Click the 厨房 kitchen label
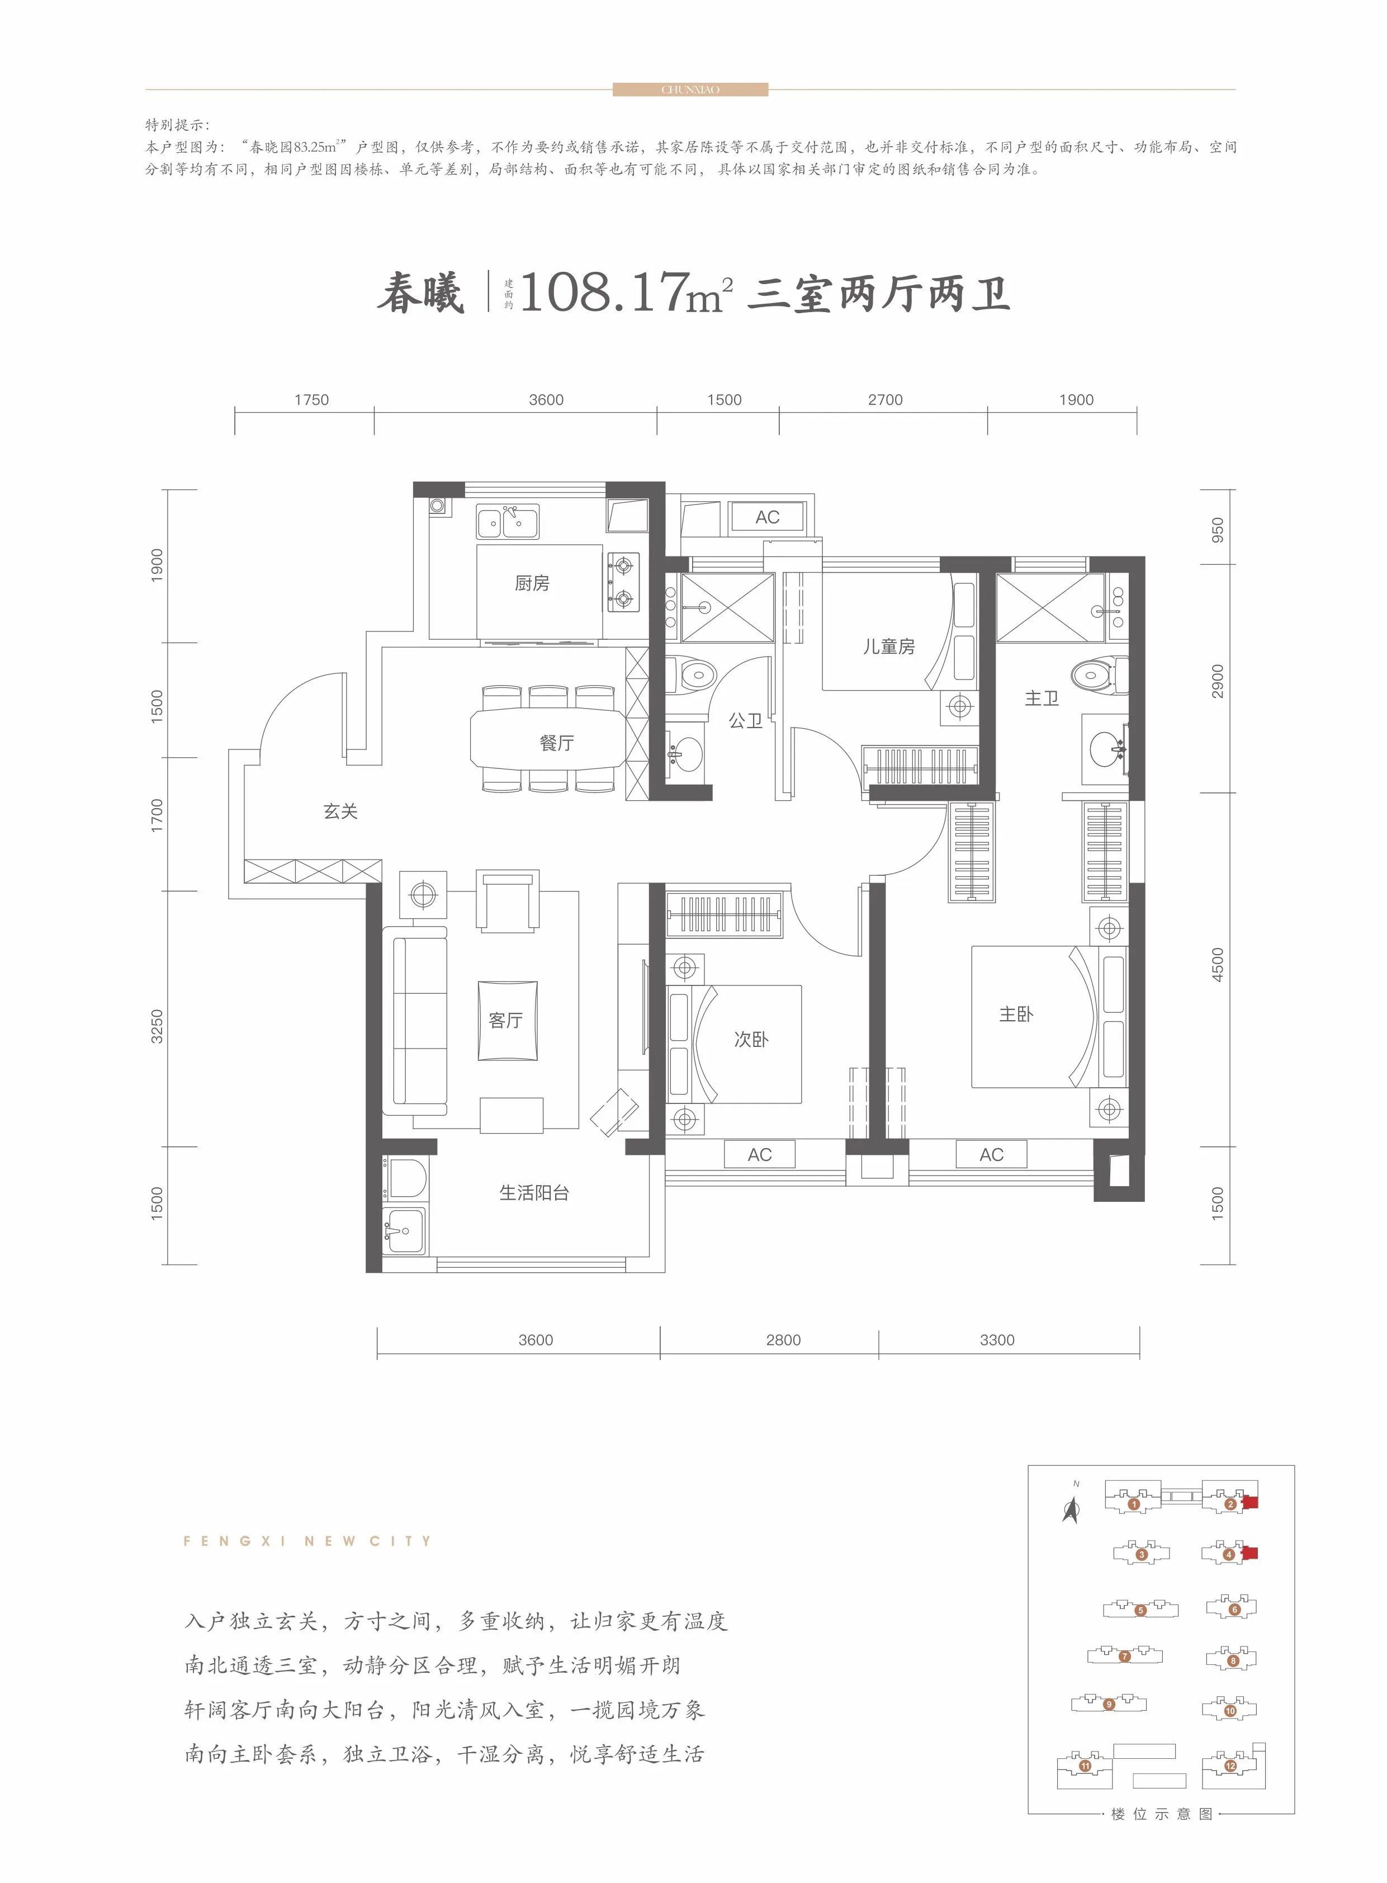(532, 583)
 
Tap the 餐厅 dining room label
(557, 743)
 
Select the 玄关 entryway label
(340, 811)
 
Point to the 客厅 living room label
(505, 1020)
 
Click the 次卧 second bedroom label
(751, 1040)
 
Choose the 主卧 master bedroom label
(1016, 1014)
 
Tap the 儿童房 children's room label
(888, 646)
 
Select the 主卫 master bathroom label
(1041, 698)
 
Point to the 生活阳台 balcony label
(534, 1193)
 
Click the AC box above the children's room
(768, 517)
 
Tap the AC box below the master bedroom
(992, 1155)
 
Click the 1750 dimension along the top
(311, 400)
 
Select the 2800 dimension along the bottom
(783, 1339)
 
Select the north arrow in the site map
(1071, 1509)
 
